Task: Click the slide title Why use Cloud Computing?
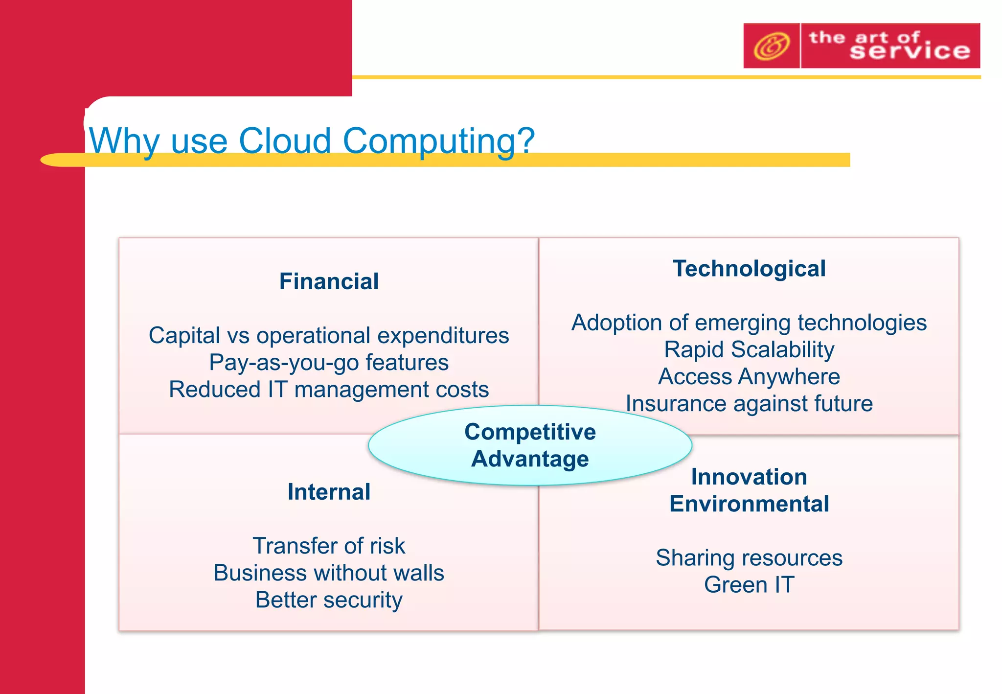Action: (x=312, y=140)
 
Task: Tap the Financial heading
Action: (x=329, y=281)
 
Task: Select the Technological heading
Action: (x=749, y=269)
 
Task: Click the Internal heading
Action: (x=329, y=492)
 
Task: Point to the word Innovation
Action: (x=749, y=477)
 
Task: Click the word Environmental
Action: (x=749, y=504)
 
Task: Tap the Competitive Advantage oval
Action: (x=530, y=445)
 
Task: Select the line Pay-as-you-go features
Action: (x=329, y=363)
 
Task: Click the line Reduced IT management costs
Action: (x=329, y=390)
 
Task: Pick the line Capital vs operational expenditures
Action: (x=329, y=336)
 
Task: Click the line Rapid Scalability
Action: (x=749, y=349)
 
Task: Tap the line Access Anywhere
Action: (x=749, y=377)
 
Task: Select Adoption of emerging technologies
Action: (x=749, y=323)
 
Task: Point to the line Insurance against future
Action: (x=749, y=404)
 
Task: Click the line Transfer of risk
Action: (x=329, y=546)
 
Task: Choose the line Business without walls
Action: (x=329, y=573)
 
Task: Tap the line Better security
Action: (x=329, y=600)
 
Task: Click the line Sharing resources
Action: (x=749, y=558)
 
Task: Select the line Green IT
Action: (x=749, y=585)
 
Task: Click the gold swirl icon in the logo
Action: (x=771, y=46)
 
